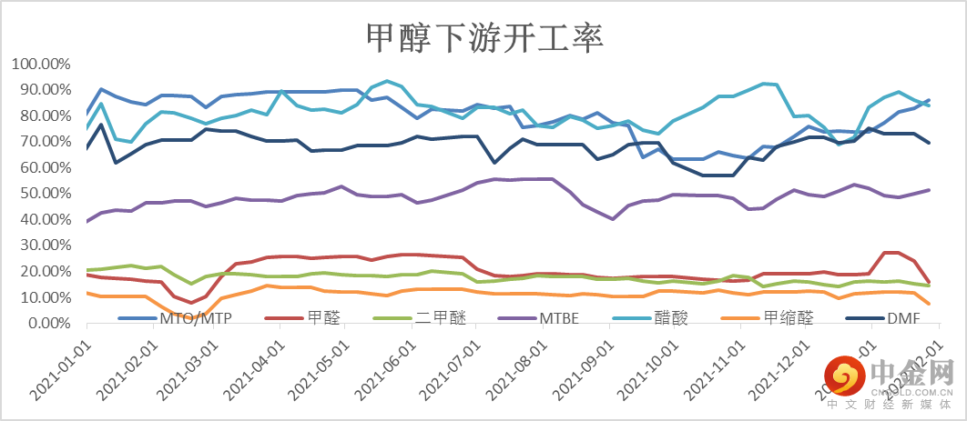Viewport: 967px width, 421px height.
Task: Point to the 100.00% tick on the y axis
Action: coord(41,65)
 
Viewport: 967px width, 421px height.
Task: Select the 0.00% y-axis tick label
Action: coord(47,323)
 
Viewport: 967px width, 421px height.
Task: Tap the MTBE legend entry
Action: coord(560,318)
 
